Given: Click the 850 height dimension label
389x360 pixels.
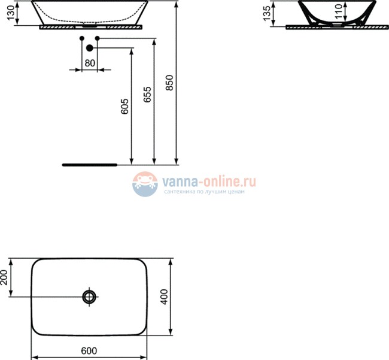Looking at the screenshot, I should coord(169,83).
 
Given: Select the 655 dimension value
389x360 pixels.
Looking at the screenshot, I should coord(147,95).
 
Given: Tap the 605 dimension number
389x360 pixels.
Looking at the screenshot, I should coord(124,106).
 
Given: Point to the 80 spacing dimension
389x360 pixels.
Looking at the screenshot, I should coord(89,62).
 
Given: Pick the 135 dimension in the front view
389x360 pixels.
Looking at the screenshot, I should coord(266,14).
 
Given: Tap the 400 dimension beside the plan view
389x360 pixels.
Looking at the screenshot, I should coord(165,297).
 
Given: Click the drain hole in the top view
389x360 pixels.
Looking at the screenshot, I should coord(89,297).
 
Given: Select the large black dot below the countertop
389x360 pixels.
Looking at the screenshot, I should coord(89,48).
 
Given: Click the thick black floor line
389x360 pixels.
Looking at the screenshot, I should coord(90,163).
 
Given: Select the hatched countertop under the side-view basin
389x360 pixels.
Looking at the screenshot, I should coord(90,27).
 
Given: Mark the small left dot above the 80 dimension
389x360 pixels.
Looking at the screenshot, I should coord(82,38).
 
